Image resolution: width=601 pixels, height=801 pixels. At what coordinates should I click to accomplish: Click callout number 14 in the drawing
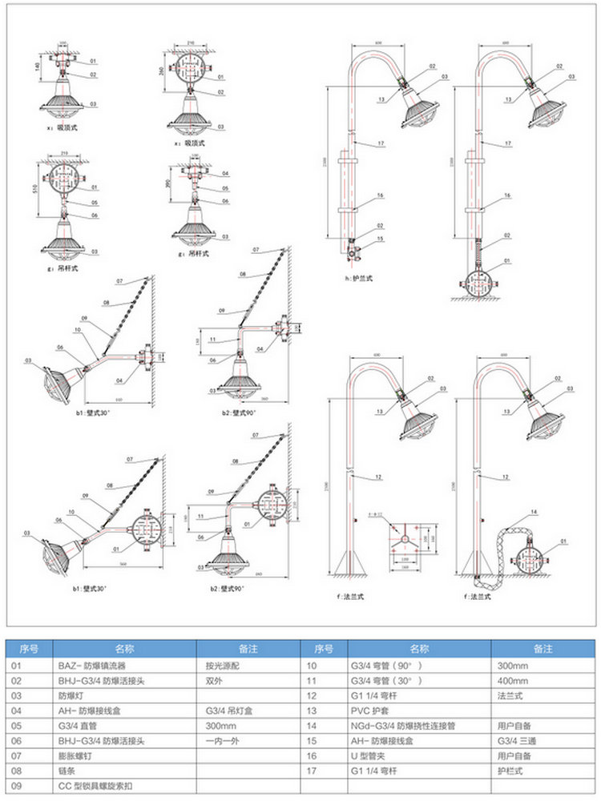point(534,510)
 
